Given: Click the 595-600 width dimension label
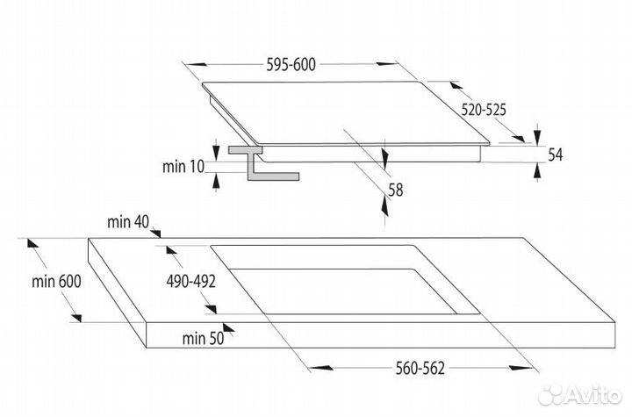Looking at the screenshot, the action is [x=291, y=65].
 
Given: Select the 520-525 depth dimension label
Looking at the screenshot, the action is [x=484, y=110].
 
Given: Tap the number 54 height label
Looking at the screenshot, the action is [x=556, y=155].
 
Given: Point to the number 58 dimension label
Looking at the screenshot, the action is [x=396, y=190].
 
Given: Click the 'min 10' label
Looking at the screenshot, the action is [x=183, y=166].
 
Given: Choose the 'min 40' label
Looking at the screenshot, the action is [x=128, y=222].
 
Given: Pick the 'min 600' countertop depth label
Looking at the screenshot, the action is [x=56, y=282].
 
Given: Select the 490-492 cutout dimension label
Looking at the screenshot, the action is [x=191, y=282].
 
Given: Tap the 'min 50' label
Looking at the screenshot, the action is [x=203, y=338].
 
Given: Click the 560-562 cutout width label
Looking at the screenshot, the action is [x=420, y=368].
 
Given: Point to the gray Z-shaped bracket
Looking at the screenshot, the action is [x=263, y=163].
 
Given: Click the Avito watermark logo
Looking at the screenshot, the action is [x=580, y=394].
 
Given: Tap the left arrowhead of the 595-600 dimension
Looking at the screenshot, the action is [x=197, y=64].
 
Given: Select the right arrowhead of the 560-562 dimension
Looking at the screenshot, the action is [x=521, y=368].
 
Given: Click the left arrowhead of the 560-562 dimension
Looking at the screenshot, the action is [x=321, y=368].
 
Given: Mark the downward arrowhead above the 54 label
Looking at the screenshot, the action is [x=537, y=134].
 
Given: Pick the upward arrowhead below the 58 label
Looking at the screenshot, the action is [x=385, y=206].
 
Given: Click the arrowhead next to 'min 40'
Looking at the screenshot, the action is [x=156, y=233].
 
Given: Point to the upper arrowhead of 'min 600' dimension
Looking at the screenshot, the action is [x=32, y=243].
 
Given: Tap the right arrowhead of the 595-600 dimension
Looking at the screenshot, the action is [x=386, y=64].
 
